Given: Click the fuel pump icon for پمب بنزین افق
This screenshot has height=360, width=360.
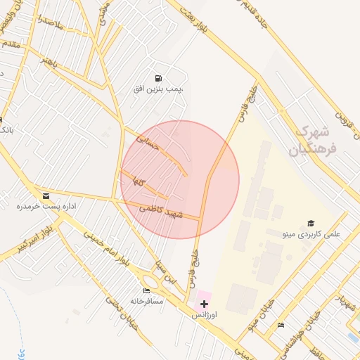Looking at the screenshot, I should pos(158,78).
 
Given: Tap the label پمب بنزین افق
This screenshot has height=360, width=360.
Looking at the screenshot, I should pos(158,89).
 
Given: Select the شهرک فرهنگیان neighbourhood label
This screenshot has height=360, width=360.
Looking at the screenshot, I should pos(312,140).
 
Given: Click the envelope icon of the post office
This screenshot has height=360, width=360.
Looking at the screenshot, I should pos(46,195).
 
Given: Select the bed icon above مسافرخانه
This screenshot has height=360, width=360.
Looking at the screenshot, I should pos(146,290).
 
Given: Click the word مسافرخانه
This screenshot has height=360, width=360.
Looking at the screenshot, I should pos(146,302).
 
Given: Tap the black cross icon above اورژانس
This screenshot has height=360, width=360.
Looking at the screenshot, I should pos(204,304).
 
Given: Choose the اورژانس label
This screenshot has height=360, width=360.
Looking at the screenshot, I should pos(204,316).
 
